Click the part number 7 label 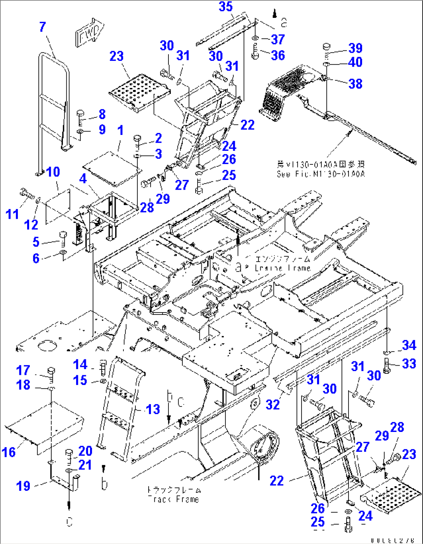pyautogui.click(x=43, y=27)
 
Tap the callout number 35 pyautogui.click(x=225, y=7)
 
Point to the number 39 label pyautogui.click(x=355, y=48)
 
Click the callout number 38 pyautogui.click(x=355, y=84)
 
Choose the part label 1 pyautogui.click(x=120, y=130)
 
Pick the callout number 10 pyautogui.click(x=53, y=172)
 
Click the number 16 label pyautogui.click(x=9, y=452)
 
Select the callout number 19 pyautogui.click(x=23, y=486)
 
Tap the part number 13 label pyautogui.click(x=153, y=409)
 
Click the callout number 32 pyautogui.click(x=273, y=405)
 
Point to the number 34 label pyautogui.click(x=409, y=345)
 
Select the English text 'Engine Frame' pyautogui.click(x=283, y=268)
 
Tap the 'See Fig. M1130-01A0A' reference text pyautogui.click(x=321, y=174)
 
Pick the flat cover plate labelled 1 pyautogui.click(x=111, y=165)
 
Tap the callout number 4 pyautogui.click(x=83, y=179)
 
